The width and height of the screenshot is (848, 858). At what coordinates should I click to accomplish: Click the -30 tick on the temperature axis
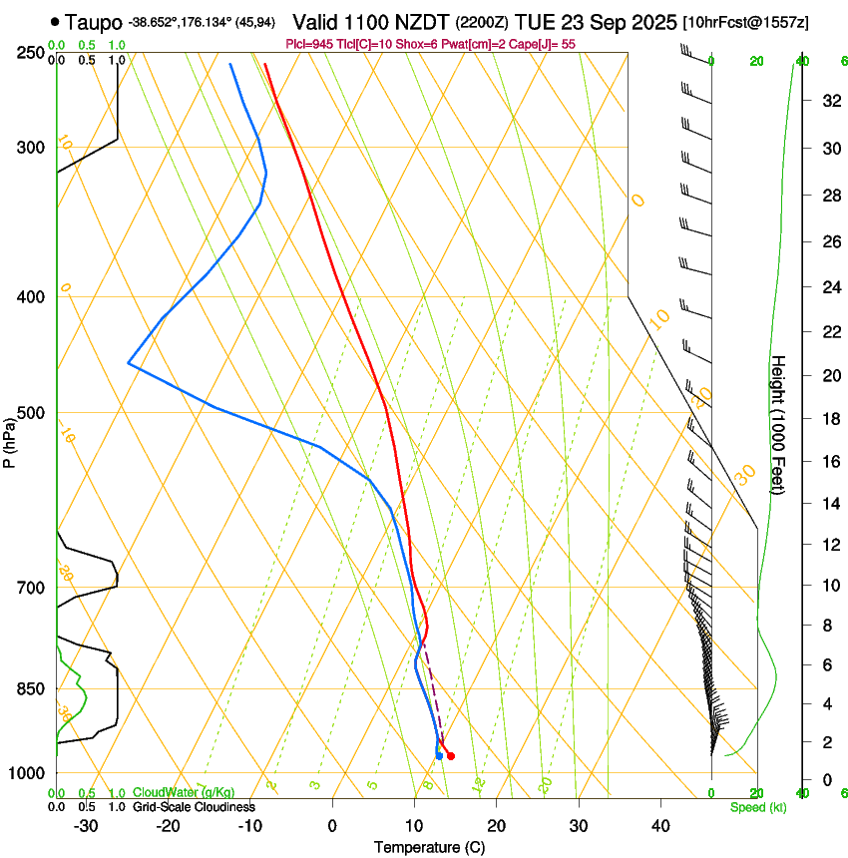(86, 826)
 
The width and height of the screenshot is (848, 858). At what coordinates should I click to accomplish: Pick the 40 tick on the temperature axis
(660, 826)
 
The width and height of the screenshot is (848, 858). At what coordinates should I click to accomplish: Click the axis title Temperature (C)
(429, 847)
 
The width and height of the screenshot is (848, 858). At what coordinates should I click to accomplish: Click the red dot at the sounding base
(451, 756)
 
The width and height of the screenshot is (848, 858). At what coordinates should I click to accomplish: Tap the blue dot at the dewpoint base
(439, 756)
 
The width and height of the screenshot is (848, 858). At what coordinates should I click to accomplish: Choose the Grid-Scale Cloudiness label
(194, 806)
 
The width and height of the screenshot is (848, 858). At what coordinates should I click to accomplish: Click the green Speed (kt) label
(757, 807)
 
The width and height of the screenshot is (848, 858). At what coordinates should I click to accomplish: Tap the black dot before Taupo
(54, 22)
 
